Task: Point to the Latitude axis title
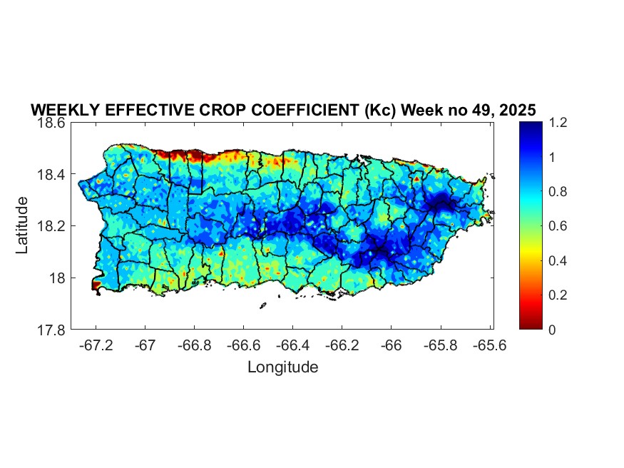pos(23,225)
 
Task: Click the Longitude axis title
pos(282,367)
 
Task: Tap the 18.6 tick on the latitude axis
pos(52,123)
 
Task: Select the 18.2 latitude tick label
pos(52,226)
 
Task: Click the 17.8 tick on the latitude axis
pos(52,330)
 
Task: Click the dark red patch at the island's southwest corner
pos(96,285)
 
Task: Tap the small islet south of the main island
pos(262,305)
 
